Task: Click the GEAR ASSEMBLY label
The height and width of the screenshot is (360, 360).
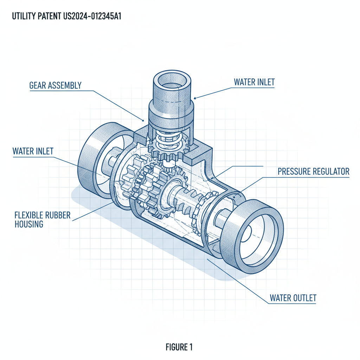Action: pyautogui.click(x=56, y=85)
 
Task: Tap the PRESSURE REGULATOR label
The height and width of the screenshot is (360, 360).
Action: pyautogui.click(x=313, y=172)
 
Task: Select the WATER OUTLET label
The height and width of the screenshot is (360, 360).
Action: pyautogui.click(x=293, y=298)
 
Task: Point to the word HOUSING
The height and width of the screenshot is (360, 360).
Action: pyautogui.click(x=29, y=224)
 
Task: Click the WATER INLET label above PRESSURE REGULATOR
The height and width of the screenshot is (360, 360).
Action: pyautogui.click(x=254, y=82)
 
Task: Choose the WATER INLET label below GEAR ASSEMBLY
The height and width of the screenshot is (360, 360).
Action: pyautogui.click(x=33, y=152)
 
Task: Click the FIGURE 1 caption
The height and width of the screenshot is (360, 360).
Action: pyautogui.click(x=179, y=347)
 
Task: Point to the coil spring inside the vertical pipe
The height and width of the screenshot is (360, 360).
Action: pyautogui.click(x=168, y=139)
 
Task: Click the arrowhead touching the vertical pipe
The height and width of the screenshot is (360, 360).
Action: pyautogui.click(x=195, y=98)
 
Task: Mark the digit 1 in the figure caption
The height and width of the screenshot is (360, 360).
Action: pyautogui.click(x=191, y=347)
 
